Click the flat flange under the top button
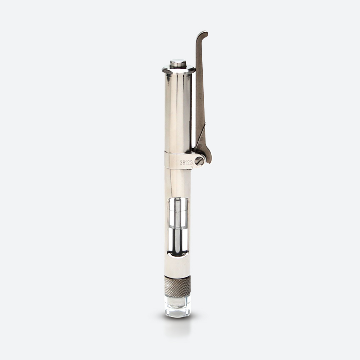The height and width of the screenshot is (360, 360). coord(179,69)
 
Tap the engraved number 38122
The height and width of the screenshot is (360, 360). coord(186,163)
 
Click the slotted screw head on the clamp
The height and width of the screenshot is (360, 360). coord(199,161)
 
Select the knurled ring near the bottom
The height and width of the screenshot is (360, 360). coord(177,286)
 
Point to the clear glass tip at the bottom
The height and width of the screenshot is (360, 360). coord(177,306)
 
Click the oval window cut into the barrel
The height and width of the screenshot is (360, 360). coord(178,227)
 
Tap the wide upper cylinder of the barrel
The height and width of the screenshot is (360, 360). coord(178,112)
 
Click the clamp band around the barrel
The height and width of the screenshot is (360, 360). coord(179,161)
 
